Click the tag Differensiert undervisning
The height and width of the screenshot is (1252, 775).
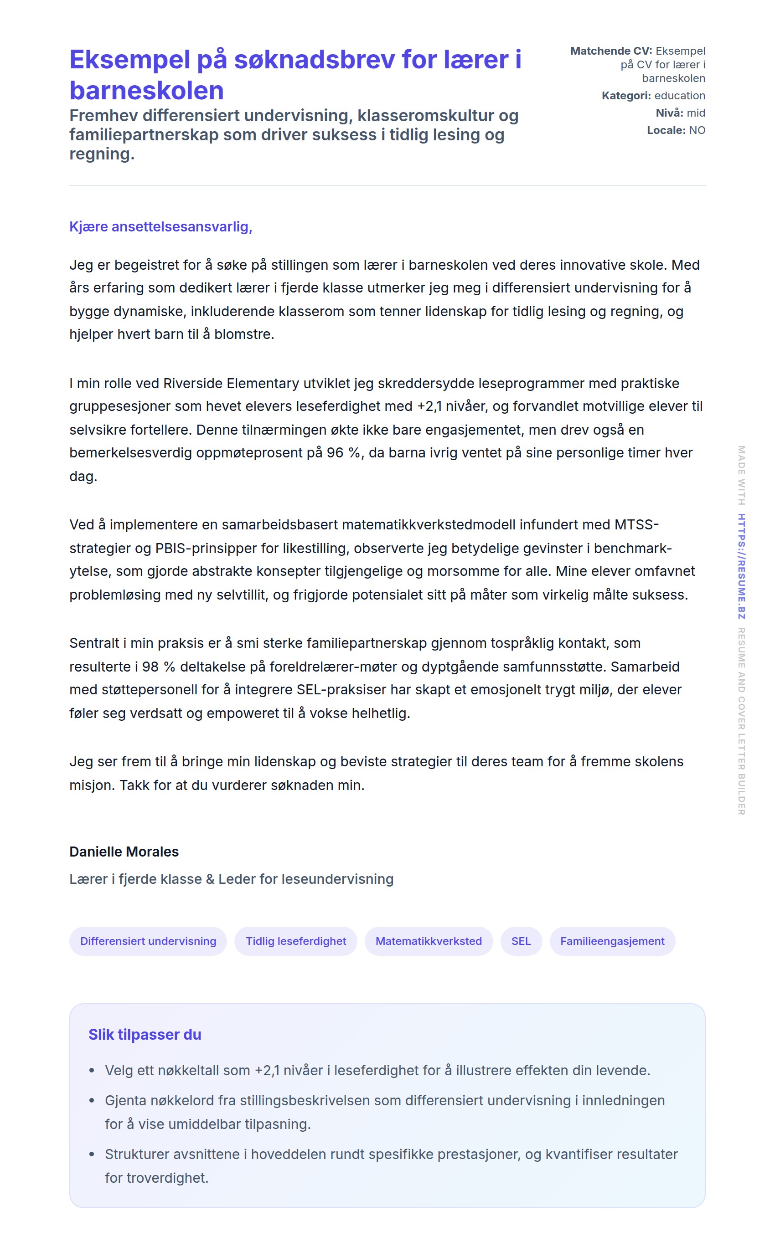coord(148,941)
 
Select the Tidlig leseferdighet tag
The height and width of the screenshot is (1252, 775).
coord(296,941)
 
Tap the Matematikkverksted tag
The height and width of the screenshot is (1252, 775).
coord(429,941)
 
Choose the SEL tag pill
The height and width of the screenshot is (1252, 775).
coord(521,941)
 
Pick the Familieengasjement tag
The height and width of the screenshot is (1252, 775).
coord(612,941)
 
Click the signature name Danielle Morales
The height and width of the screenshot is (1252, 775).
coord(124,852)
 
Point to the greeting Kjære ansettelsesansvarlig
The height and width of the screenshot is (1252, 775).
coord(160,226)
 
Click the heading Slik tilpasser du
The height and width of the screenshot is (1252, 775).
coord(145,1034)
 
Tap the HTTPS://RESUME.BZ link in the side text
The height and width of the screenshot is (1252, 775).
coord(741,566)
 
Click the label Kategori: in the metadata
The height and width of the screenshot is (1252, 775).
coord(626,96)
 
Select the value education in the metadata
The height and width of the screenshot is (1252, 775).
coord(680,96)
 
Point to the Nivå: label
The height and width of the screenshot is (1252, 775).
coord(669,113)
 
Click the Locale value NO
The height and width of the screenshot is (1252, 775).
coord(697,130)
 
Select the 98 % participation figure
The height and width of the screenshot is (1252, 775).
coord(158,667)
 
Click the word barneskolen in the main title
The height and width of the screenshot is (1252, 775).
coord(147,91)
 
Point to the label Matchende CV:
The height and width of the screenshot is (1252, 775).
coord(611,51)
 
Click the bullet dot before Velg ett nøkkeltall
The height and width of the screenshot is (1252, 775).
coord(92,1071)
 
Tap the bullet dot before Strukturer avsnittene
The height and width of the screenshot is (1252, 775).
coord(92,1155)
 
